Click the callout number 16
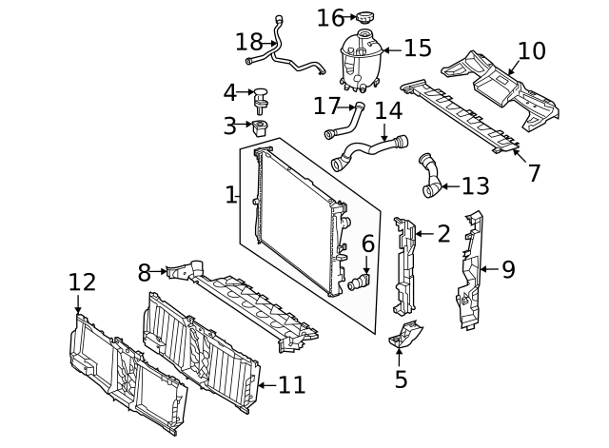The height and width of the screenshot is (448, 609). [330, 17]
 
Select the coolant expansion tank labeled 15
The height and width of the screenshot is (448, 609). [359, 58]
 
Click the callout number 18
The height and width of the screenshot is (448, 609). [249, 42]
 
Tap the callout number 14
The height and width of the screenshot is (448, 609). [388, 110]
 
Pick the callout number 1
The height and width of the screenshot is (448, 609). [230, 195]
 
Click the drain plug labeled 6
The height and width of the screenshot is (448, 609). [359, 282]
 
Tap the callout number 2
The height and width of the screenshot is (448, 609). [443, 234]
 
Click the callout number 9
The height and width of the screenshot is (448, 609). [508, 269]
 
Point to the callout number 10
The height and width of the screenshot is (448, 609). [532, 50]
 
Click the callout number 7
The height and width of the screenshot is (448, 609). [534, 173]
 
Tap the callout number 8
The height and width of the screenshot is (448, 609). [144, 273]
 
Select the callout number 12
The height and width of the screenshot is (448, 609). [82, 282]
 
